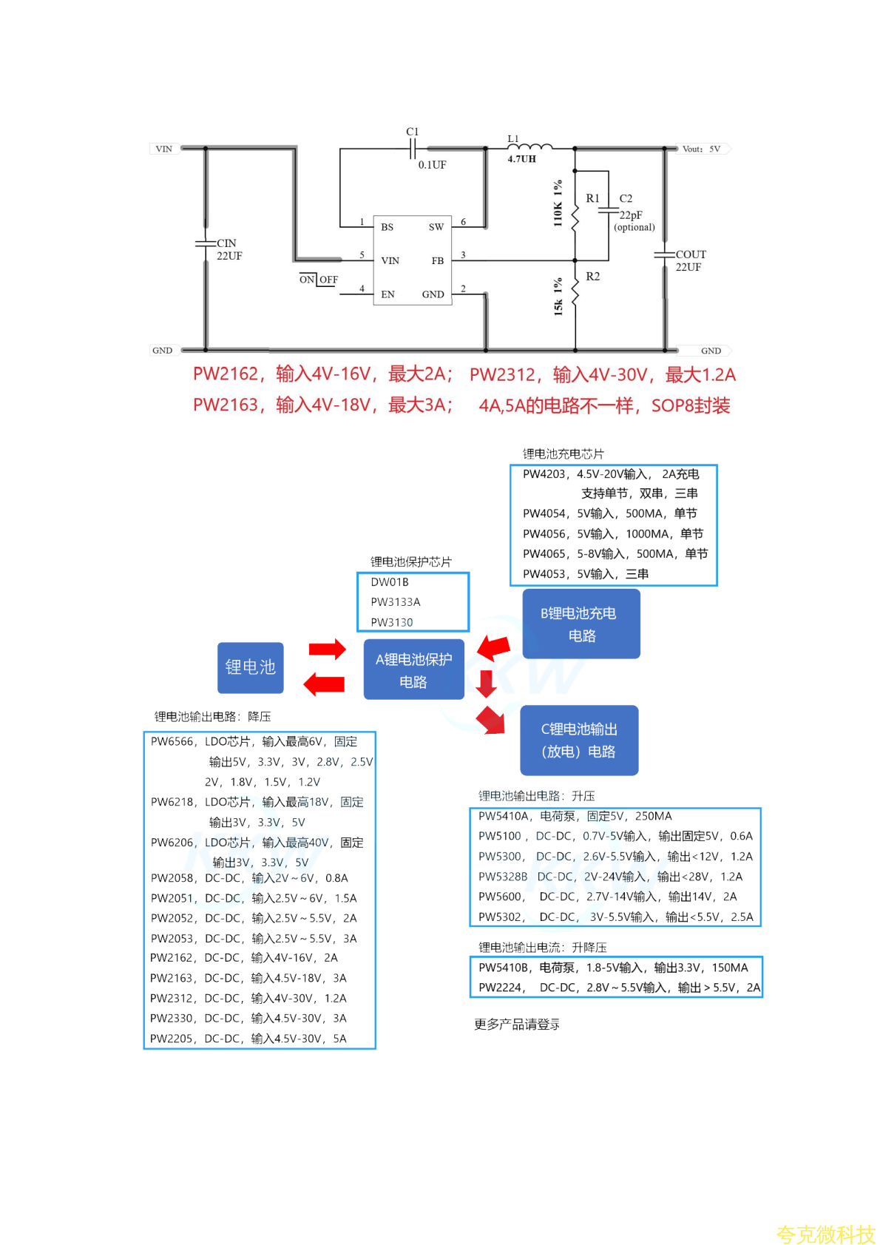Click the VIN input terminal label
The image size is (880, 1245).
coord(163,149)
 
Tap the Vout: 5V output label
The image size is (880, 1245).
coord(700,149)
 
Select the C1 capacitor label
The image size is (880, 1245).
coord(412,132)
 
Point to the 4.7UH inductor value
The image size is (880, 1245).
coord(521,159)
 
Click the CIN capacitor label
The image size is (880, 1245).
coord(226,243)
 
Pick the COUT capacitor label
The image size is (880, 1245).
coord(691,254)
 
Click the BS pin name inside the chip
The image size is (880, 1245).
coord(387,227)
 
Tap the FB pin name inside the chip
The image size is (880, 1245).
coord(438,260)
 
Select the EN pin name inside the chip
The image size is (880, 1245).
coord(387,294)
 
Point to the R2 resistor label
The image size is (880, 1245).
coord(592,277)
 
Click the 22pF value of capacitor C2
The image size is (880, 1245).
coord(631,215)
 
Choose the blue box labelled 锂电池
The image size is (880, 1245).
coord(250,667)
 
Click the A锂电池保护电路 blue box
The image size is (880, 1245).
coord(413,669)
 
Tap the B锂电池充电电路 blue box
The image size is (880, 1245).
coord(581,624)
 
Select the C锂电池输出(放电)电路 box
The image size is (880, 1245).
coord(579,740)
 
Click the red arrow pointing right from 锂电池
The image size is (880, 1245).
coord(327,650)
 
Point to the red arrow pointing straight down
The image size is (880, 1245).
coord(486,684)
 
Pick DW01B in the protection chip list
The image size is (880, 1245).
coord(390,582)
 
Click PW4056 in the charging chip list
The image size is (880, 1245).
coord(545,534)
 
